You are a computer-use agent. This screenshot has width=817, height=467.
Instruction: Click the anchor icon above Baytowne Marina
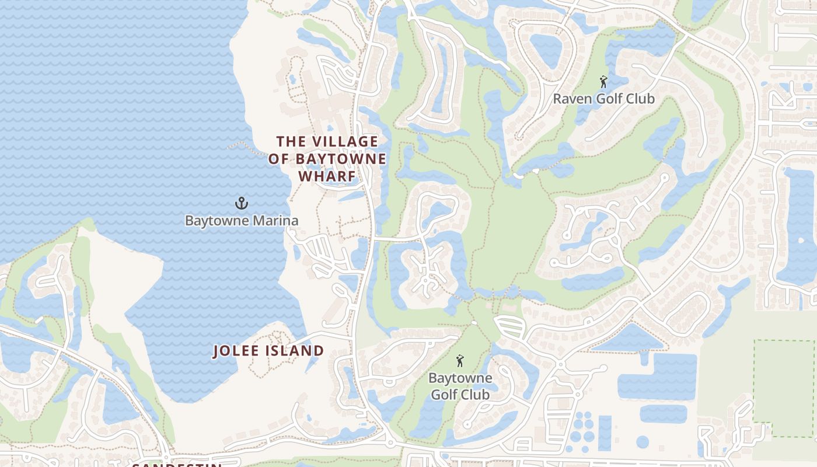pyautogui.click(x=242, y=203)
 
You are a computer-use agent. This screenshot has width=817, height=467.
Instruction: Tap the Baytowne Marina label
pyautogui.click(x=242, y=221)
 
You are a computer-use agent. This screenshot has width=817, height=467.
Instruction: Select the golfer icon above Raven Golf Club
pyautogui.click(x=603, y=82)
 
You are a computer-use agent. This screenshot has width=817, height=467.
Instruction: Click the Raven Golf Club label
pyautogui.click(x=604, y=99)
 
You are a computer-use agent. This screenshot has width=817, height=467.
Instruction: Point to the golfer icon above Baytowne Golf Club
pyautogui.click(x=460, y=361)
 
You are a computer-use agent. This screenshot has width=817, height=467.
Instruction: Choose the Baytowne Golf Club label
pyautogui.click(x=460, y=386)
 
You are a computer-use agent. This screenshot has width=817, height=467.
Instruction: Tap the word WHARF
pyautogui.click(x=327, y=176)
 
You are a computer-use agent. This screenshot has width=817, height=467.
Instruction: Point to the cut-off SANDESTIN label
pyautogui.click(x=177, y=465)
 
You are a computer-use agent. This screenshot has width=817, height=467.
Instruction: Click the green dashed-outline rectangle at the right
pyautogui.click(x=784, y=388)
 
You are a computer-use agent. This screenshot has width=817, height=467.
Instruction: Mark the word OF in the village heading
pyautogui.click(x=279, y=159)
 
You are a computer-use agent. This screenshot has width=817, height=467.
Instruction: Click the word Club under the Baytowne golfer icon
pyautogui.click(x=477, y=394)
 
